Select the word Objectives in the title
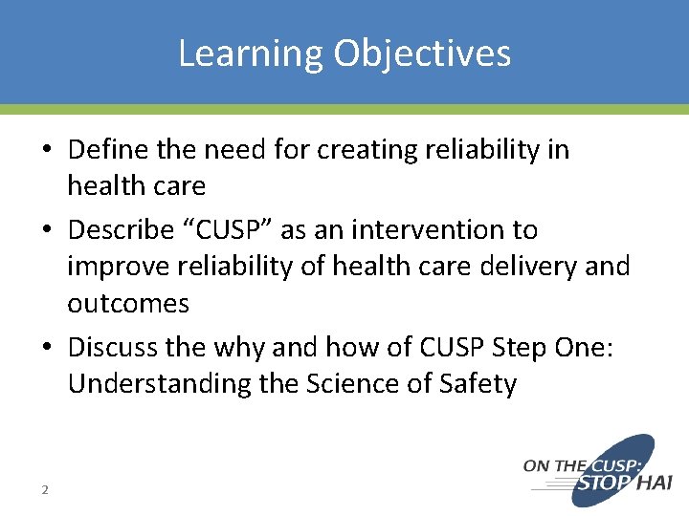point(422,54)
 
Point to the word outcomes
point(128,304)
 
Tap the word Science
point(358,384)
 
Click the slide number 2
point(44,490)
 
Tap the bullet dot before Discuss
point(47,347)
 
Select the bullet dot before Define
point(47,151)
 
